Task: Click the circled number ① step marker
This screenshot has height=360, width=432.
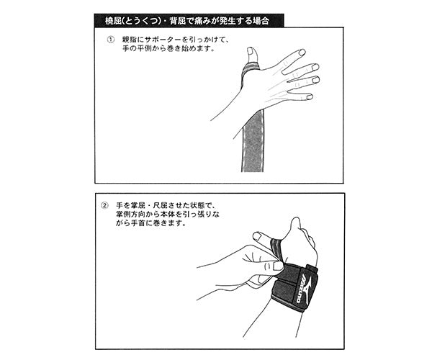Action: (110, 40)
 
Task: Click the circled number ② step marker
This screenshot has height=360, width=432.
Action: (104, 206)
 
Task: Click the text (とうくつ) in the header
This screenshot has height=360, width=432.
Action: (141, 21)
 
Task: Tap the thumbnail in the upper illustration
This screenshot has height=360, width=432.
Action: (251, 51)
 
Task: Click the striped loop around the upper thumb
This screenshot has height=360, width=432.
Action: (250, 68)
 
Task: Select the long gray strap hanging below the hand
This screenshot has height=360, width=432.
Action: (253, 140)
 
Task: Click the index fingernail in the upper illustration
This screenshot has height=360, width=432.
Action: (302, 52)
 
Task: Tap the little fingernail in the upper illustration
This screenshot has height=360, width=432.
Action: (310, 96)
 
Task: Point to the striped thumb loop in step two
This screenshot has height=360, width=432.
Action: (276, 246)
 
